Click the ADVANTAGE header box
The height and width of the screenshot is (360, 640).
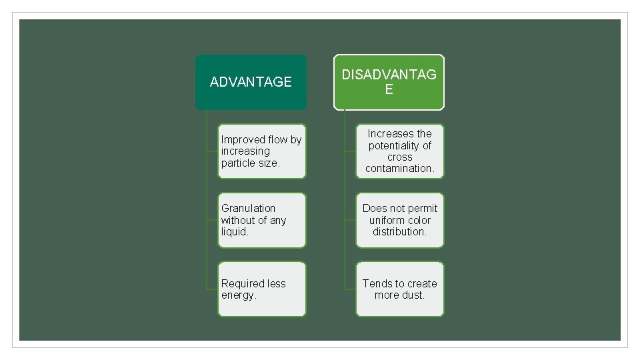[251, 82]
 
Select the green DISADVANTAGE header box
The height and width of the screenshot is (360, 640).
[389, 82]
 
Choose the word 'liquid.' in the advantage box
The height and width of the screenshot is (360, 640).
[235, 231]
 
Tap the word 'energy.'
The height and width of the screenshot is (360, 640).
[239, 295]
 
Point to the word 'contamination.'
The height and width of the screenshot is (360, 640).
[399, 168]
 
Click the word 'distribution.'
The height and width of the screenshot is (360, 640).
[399, 231]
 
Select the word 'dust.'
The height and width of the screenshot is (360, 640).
[413, 295]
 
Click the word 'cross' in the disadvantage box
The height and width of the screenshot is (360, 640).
[399, 157]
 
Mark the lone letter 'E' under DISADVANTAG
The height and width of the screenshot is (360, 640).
[389, 89]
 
